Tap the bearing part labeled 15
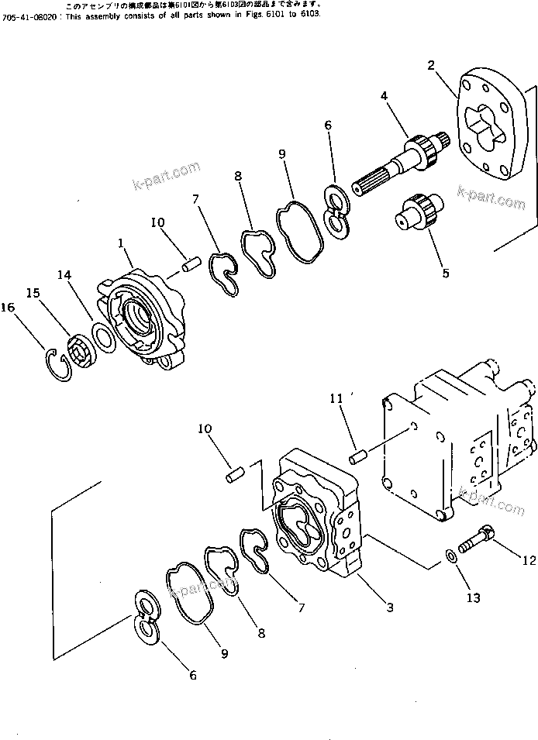[x=81, y=348]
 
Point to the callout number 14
[x=64, y=275]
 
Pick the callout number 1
[x=121, y=243]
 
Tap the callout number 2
[x=431, y=65]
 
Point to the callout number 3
[x=390, y=607]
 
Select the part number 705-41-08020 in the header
[x=28, y=15]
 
